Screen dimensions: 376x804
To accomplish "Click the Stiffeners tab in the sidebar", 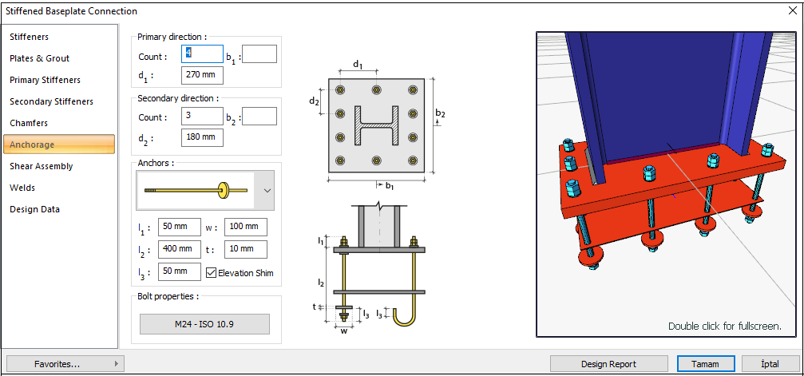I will [30, 37].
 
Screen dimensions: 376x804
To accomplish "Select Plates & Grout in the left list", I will [40, 58].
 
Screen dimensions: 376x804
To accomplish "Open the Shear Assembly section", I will [42, 166].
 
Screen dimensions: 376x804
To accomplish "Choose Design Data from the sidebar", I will [35, 209].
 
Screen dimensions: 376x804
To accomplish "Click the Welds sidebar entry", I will [23, 188].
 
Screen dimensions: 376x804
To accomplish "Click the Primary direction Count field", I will [203, 54].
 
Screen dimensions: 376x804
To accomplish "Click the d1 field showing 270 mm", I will [203, 76].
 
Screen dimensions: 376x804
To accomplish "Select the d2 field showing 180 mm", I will [203, 137].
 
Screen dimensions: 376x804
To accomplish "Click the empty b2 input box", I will [259, 117].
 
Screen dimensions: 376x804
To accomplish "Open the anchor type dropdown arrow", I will [267, 191].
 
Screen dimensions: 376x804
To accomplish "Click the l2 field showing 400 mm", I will [179, 249].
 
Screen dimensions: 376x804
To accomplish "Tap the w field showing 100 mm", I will [245, 228].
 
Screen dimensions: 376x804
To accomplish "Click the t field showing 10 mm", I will [245, 249].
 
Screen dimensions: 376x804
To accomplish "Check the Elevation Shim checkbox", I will [212, 272].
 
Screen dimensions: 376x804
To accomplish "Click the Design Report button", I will [608, 364].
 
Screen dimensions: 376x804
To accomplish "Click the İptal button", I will [770, 364].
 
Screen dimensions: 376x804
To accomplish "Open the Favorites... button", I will [64, 364].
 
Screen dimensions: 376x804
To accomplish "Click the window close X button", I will [790, 11].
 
